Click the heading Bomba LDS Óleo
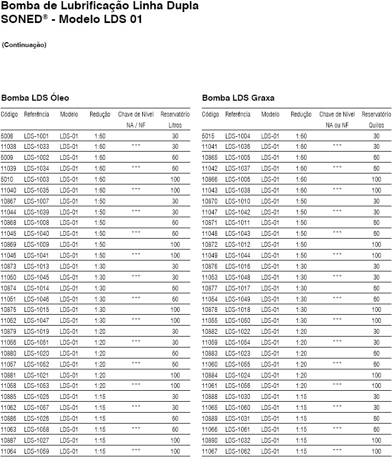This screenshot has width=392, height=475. coord(35,98)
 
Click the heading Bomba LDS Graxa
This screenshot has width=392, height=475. coord(238,98)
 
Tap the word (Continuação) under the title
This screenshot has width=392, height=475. coord(24,45)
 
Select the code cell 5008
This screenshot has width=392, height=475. coord(7,136)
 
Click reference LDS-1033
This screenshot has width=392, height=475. coord(36,147)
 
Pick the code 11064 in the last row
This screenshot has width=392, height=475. coord(8,451)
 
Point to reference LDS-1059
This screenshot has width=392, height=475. coord(36,451)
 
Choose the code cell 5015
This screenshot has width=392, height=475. coord(208,136)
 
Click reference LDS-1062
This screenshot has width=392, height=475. coord(237,451)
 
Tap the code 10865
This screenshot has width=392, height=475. coord(210,158)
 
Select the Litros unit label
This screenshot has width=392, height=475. coord(175,125)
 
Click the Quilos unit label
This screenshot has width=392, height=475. coord(376,125)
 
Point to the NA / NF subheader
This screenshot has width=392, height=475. coord(136,125)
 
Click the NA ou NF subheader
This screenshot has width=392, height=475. coord(337,125)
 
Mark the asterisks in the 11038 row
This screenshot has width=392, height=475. coord(136,147)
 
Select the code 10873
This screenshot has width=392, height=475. coord(8,267)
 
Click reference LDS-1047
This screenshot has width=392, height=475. coord(36,321)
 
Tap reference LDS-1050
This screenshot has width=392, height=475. coord(237,321)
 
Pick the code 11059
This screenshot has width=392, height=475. coord(210,343)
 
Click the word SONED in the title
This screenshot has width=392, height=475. coord(21,20)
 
